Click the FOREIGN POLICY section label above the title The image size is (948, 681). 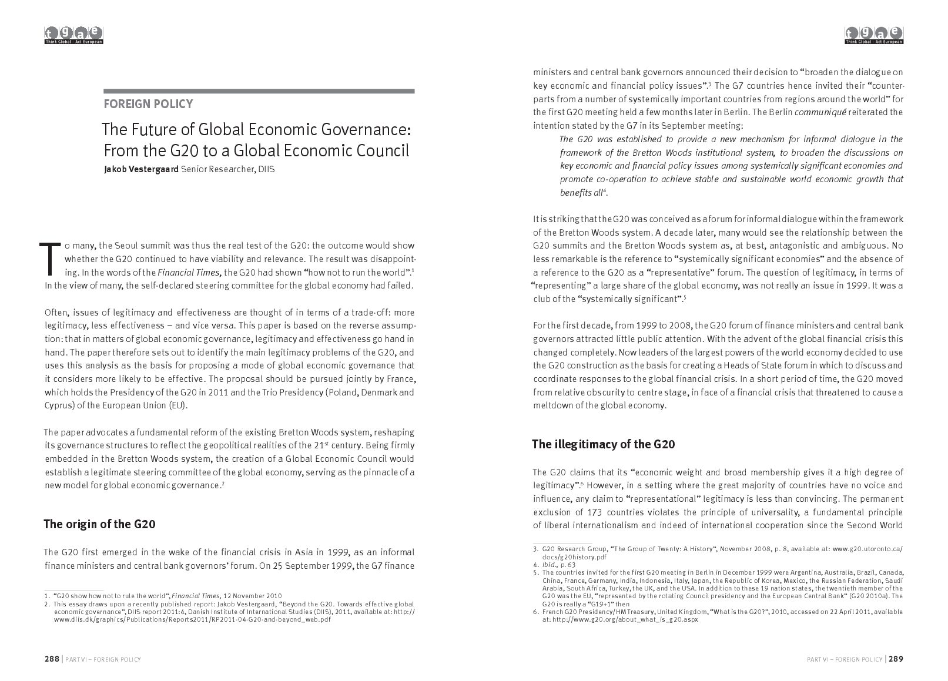pyautogui.click(x=148, y=105)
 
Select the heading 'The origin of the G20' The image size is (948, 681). pyautogui.click(x=99, y=524)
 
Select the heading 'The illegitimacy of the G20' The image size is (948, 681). pyautogui.click(x=603, y=444)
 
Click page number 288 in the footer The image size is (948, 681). pyautogui.click(x=52, y=659)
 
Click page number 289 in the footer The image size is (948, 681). pyautogui.click(x=896, y=659)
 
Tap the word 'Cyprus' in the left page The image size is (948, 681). pyautogui.click(x=57, y=406)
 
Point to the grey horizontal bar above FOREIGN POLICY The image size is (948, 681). pyautogui.click(x=259, y=92)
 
